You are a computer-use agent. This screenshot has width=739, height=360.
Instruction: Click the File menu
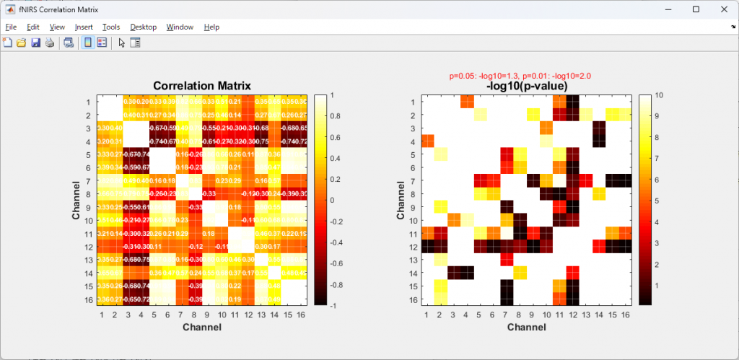click(11, 27)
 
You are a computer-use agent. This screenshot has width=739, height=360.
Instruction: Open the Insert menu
click(84, 27)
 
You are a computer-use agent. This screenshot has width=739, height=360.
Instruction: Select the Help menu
click(211, 27)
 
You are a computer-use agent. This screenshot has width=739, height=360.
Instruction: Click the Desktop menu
click(143, 27)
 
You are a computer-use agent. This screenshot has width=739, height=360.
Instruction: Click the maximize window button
click(696, 9)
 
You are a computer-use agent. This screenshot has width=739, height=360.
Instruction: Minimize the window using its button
click(663, 9)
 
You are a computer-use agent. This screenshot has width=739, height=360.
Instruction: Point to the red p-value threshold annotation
click(521, 75)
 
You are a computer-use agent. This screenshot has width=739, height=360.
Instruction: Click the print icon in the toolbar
click(50, 43)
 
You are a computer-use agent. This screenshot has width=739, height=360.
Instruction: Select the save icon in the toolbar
click(35, 43)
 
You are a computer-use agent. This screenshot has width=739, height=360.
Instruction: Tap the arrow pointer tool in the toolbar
click(121, 43)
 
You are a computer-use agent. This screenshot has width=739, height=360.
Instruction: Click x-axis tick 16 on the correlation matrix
click(300, 315)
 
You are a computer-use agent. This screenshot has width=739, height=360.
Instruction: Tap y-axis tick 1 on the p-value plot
click(412, 102)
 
